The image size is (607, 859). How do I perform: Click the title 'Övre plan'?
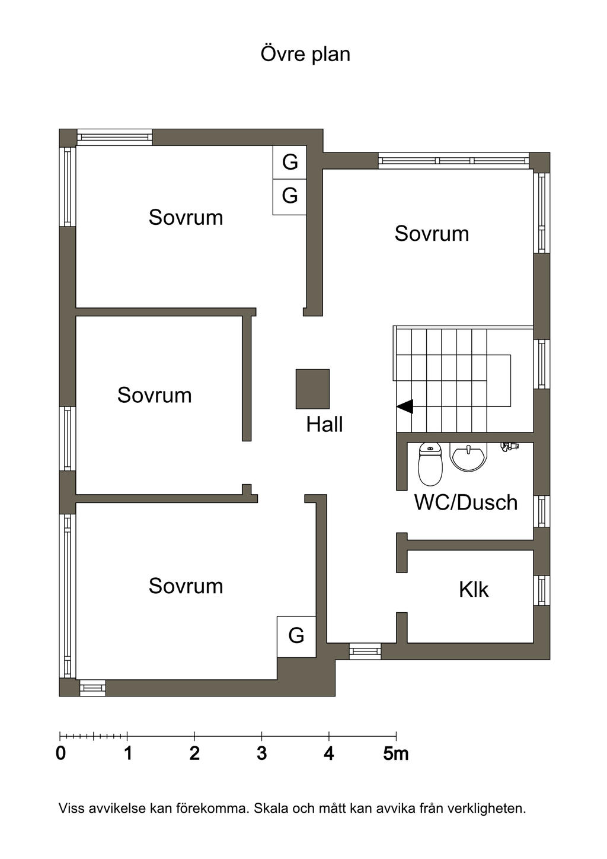point(305,54)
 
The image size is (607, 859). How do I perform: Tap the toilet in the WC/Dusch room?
point(430,463)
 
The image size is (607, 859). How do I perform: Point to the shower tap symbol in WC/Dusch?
point(509,446)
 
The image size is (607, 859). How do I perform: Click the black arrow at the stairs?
point(405,406)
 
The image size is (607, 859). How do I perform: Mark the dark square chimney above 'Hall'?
point(312,389)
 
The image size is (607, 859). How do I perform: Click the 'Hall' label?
point(324,424)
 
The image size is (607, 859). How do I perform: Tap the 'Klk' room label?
point(474,589)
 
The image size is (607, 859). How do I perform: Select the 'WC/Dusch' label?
point(465,502)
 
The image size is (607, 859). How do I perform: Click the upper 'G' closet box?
point(289,162)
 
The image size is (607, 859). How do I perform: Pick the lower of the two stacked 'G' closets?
point(289,196)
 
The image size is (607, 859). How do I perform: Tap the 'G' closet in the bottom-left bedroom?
point(296,636)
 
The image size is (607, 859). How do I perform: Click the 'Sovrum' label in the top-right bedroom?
point(432,234)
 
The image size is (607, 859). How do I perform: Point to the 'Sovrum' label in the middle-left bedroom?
point(154,395)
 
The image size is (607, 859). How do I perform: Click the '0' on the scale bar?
point(60,753)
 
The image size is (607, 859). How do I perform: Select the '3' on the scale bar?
point(261,753)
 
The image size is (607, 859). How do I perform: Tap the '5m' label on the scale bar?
point(395,753)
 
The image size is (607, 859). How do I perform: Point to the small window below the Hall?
point(365,651)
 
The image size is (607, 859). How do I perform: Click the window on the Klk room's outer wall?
point(541,590)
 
